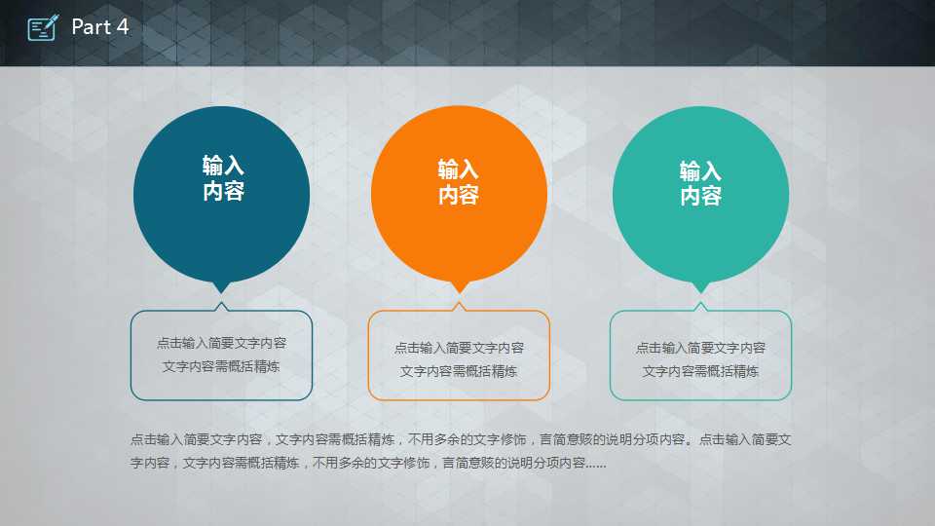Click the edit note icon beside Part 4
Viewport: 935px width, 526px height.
tap(43, 27)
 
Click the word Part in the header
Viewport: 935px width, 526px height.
tap(92, 27)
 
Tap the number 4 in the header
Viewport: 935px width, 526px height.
tap(123, 27)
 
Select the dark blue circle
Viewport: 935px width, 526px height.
tap(221, 195)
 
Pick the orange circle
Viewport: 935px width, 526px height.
tap(459, 195)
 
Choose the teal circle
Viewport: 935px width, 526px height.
tap(700, 195)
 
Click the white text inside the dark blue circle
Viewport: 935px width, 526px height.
tap(223, 177)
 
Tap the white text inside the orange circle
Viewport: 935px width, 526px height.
tap(459, 182)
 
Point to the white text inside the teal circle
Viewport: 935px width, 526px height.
tap(700, 183)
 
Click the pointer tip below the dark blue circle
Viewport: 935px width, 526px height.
tap(221, 292)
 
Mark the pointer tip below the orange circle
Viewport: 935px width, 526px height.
tap(459, 292)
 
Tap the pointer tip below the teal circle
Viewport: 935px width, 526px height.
tap(700, 292)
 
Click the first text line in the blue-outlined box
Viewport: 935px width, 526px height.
tap(221, 343)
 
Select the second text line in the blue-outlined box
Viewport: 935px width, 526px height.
tap(221, 366)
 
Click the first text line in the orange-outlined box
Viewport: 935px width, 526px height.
tap(459, 348)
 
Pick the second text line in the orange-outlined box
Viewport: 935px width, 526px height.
tap(459, 371)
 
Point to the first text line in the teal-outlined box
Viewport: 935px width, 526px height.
tap(700, 348)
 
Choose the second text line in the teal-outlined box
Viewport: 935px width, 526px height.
tap(700, 371)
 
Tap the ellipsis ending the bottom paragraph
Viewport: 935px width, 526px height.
tap(596, 467)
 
